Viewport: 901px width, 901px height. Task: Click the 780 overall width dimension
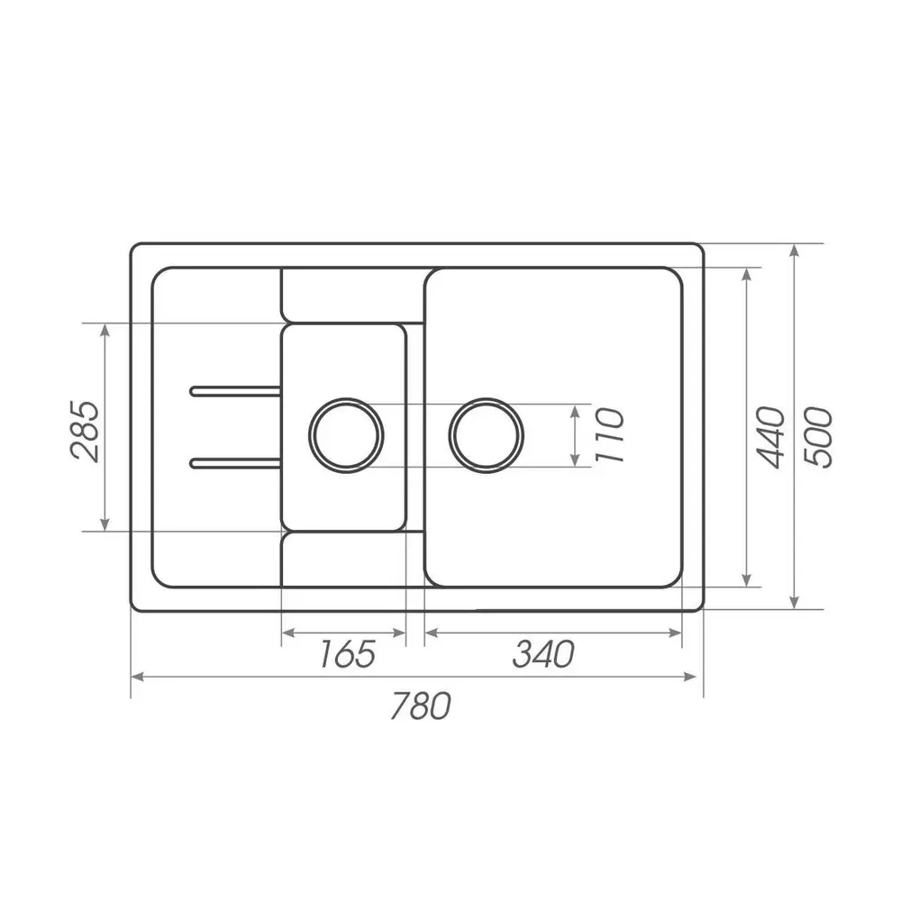point(420,705)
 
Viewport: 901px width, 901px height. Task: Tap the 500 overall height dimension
point(817,437)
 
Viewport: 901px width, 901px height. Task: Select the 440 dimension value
point(770,437)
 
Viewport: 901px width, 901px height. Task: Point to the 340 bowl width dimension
point(543,654)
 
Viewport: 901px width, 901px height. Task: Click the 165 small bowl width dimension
point(347,654)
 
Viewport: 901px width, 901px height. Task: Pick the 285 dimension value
point(85,431)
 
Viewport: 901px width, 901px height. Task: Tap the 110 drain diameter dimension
point(609,435)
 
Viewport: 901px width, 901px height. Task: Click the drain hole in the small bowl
point(346,435)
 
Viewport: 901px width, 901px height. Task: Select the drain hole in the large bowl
point(487,435)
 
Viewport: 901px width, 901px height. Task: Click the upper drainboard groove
point(235,391)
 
